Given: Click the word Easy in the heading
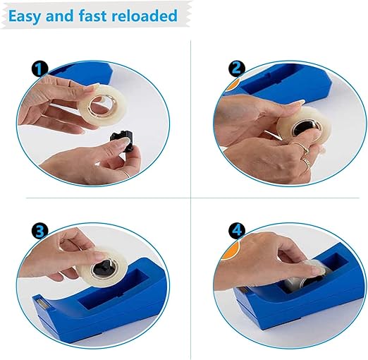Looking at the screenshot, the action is pos(24,16).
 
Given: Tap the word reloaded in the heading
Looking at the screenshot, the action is pos(145,16).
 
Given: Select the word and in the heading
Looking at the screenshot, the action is pos(59,16).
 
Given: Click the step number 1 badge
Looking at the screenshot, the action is pos(39,69).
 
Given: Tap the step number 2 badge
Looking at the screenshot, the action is pos(237,69).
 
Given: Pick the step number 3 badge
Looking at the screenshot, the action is pos(39,230).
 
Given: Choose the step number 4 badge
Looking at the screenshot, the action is pos(237,230).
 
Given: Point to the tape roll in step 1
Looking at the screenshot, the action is pos(103,104).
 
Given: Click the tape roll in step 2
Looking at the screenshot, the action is pos(304,126).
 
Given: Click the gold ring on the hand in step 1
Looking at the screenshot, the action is pos(127,174).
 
